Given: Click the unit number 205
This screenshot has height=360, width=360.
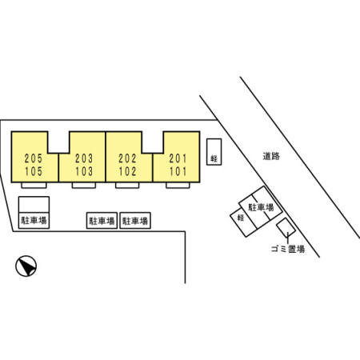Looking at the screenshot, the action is pos(34,158).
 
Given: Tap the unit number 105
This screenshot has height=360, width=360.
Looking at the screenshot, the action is pos(34,171).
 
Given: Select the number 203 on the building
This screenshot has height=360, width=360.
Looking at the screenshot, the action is pos(84,158).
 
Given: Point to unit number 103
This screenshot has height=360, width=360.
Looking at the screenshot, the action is pos(84,171).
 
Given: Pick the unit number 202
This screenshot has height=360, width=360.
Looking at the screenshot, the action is pos(127,158).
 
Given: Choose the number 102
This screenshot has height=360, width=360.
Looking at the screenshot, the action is pos(127,171).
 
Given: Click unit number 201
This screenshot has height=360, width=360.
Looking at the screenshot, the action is pos(178,158).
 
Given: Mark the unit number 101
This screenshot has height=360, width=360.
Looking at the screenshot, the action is pos(178,171).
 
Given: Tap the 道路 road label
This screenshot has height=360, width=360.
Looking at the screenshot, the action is pos(271,156).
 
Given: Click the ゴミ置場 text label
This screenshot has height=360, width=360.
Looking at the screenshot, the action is pos(288,249).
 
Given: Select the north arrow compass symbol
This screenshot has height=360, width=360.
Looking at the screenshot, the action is pos(26,266).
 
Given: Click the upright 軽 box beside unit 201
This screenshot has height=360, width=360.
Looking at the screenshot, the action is pos(214,152).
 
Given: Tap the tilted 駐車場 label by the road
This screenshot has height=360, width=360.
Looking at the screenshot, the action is pos(261,207).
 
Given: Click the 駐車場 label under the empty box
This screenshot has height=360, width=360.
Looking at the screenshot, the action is pos(34,220).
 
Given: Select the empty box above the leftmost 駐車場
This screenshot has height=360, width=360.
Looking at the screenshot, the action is pos(34,205).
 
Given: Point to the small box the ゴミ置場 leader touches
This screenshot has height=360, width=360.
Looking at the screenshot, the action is pos(286,227).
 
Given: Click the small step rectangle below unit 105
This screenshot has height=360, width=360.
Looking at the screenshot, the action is pos(34,186).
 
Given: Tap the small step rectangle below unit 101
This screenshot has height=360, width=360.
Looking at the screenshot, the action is pos(178,186).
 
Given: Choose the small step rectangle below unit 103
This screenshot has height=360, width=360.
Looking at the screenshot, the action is pos(84,186).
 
